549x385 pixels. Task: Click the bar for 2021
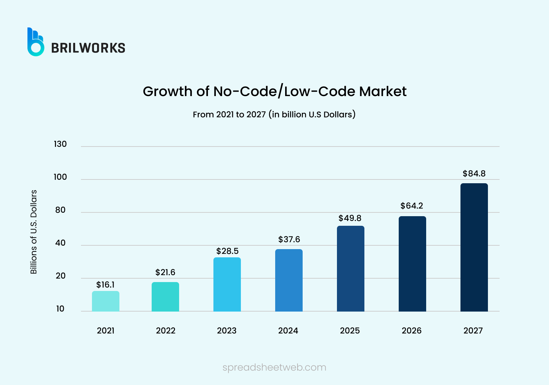coord(106,301)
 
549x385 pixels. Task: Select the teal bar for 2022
coord(165,297)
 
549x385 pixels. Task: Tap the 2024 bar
coord(289,280)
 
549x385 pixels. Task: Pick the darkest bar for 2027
coord(474,247)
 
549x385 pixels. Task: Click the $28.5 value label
coord(227,251)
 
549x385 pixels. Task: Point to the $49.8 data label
coord(350,218)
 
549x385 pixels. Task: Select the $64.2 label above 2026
coord(412,206)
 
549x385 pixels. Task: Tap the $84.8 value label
coord(474,174)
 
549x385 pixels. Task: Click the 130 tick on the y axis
coord(60,144)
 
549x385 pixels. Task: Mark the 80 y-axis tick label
coord(60,210)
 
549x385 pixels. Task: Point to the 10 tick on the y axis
coord(60,309)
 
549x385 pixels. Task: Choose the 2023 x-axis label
coord(226,331)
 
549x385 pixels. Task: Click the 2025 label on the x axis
coord(350,331)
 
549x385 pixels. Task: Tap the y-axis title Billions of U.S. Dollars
coord(34,232)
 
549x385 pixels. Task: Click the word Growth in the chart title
coord(167,92)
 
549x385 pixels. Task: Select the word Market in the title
coord(383,92)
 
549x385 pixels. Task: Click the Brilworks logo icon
coord(36,42)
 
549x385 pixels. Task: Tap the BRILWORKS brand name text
coord(88,48)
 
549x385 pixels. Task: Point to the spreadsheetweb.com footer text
coord(274,367)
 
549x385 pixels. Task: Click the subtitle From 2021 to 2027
coord(229,115)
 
